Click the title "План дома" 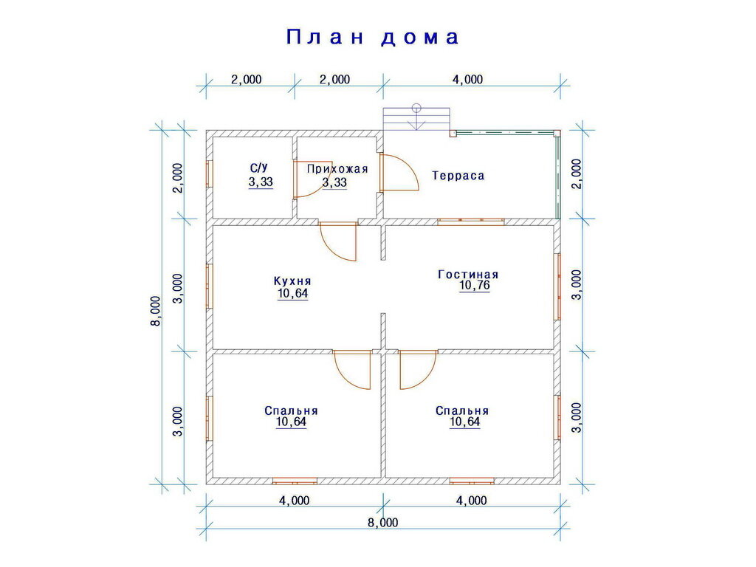click(373, 37)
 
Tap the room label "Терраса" click(458, 176)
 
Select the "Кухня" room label click(292, 281)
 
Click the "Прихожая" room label click(337, 169)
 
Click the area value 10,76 click(475, 286)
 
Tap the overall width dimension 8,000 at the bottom click(382, 523)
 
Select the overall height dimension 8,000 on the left click(155, 310)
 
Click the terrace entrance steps click(416, 120)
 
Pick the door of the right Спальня click(417, 368)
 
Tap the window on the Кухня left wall click(209, 286)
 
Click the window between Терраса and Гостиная click(470, 220)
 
